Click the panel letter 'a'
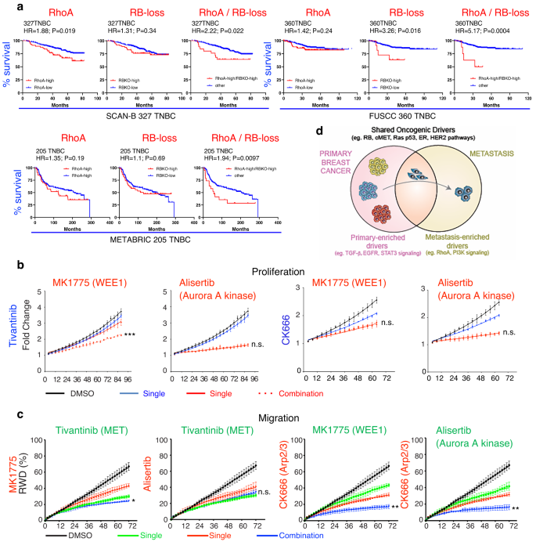coord(6,7)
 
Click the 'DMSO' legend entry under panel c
coord(70,537)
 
